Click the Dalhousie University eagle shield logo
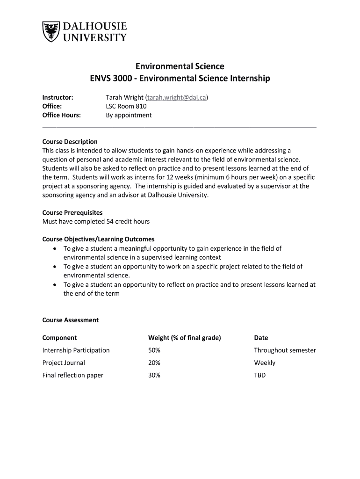(x=51, y=32)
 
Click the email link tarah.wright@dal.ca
(x=177, y=97)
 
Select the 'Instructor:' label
(x=58, y=97)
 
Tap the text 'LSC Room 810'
(x=126, y=106)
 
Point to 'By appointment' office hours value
(x=129, y=115)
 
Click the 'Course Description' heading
(x=70, y=142)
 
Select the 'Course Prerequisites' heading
(x=72, y=212)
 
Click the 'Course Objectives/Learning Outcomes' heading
(x=99, y=239)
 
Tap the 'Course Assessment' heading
(x=71, y=320)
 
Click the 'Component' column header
(x=60, y=338)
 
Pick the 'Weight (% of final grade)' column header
(x=184, y=338)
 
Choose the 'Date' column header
(x=261, y=338)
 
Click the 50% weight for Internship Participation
(x=154, y=350)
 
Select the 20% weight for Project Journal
(x=154, y=363)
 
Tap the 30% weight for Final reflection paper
(x=154, y=375)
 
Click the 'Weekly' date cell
(x=265, y=363)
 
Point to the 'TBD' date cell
(x=259, y=375)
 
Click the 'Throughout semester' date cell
(x=285, y=350)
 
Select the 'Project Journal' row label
(x=64, y=363)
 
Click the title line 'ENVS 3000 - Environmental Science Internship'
(x=180, y=78)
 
